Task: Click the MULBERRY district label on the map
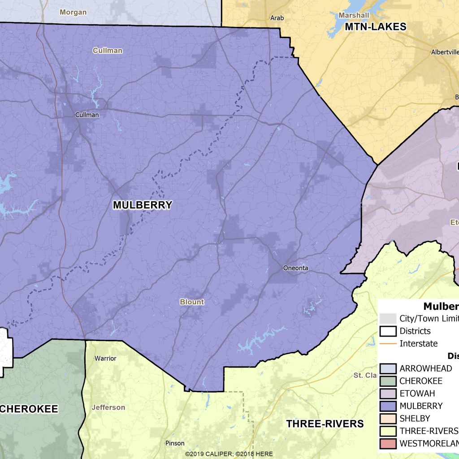click(143, 205)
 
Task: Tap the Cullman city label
click(87, 115)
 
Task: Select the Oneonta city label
click(296, 268)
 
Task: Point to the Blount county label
click(192, 302)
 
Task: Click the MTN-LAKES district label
click(376, 27)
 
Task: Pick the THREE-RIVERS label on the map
click(325, 424)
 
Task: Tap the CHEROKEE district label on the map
click(29, 409)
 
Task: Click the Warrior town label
click(105, 358)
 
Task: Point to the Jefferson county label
click(108, 407)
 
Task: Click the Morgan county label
click(73, 12)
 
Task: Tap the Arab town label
click(277, 18)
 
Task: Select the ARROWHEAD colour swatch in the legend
click(388, 368)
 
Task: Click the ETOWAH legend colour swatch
click(388, 394)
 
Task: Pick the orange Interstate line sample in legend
click(388, 343)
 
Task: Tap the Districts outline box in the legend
click(388, 331)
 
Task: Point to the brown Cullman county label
click(108, 51)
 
